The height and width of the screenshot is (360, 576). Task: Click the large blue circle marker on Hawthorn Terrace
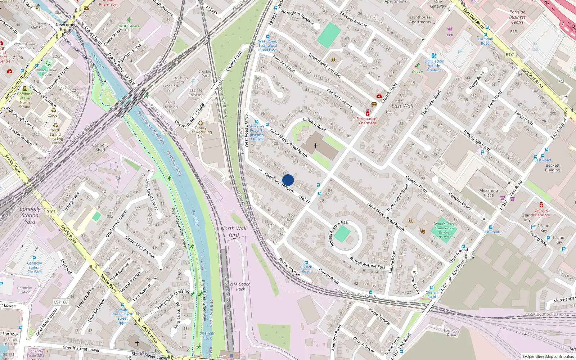click(x=288, y=180)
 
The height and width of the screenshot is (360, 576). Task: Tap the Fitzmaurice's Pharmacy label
click(x=367, y=121)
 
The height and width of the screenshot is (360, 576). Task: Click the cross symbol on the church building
click(x=316, y=146)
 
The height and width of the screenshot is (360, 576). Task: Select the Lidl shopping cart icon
click(x=450, y=29)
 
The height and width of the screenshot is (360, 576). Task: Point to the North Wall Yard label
click(x=234, y=231)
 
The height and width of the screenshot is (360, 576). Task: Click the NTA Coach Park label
click(x=240, y=287)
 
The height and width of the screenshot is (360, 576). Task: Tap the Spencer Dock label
click(x=207, y=336)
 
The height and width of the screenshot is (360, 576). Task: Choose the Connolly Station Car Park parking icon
click(x=34, y=258)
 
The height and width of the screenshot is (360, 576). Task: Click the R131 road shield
click(x=510, y=54)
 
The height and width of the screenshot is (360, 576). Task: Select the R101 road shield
click(x=51, y=212)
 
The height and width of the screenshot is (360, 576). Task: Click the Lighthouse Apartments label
click(x=420, y=19)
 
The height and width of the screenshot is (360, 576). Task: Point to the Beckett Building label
click(x=552, y=168)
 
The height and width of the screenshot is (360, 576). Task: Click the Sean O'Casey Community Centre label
click(x=444, y=228)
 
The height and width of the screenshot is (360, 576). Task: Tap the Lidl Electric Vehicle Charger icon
click(x=434, y=56)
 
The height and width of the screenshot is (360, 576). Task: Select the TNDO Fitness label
click(x=129, y=26)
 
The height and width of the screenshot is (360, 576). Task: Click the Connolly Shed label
click(x=100, y=148)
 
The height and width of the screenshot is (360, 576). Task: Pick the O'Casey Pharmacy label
click(x=541, y=213)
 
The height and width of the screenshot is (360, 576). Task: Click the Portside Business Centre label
click(x=517, y=17)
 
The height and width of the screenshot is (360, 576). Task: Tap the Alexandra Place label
click(x=489, y=193)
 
